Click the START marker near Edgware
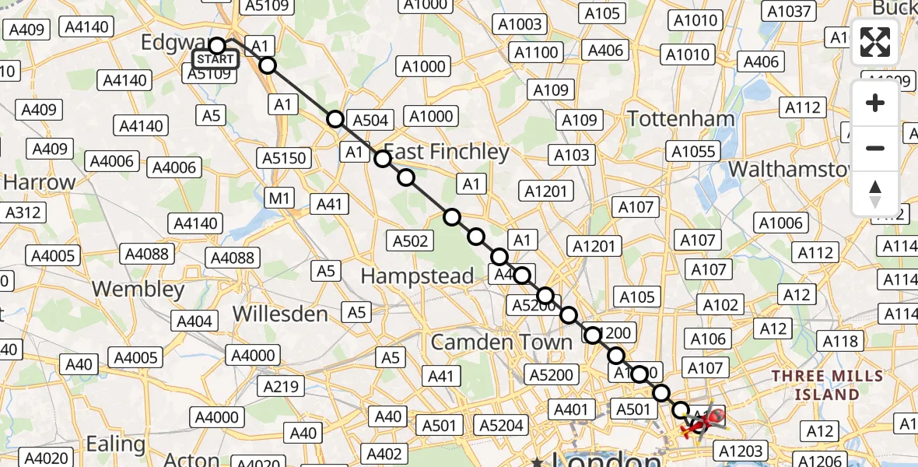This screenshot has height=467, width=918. [215, 59]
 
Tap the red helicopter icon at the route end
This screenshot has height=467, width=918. [699, 421]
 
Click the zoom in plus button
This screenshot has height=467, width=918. [875, 103]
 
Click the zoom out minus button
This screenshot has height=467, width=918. [875, 148]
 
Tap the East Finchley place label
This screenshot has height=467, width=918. [447, 151]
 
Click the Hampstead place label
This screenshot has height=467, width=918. [417, 276]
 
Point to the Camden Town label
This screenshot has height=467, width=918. [501, 342]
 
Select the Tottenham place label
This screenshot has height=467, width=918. [680, 118]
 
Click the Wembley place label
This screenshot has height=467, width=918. [138, 289]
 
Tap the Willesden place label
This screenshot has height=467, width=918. [281, 314]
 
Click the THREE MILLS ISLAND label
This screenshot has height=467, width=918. [827, 384]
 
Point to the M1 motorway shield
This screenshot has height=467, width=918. [280, 198]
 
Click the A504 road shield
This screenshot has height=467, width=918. [371, 120]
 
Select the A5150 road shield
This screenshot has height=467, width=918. [285, 158]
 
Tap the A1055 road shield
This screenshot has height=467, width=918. [694, 151]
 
